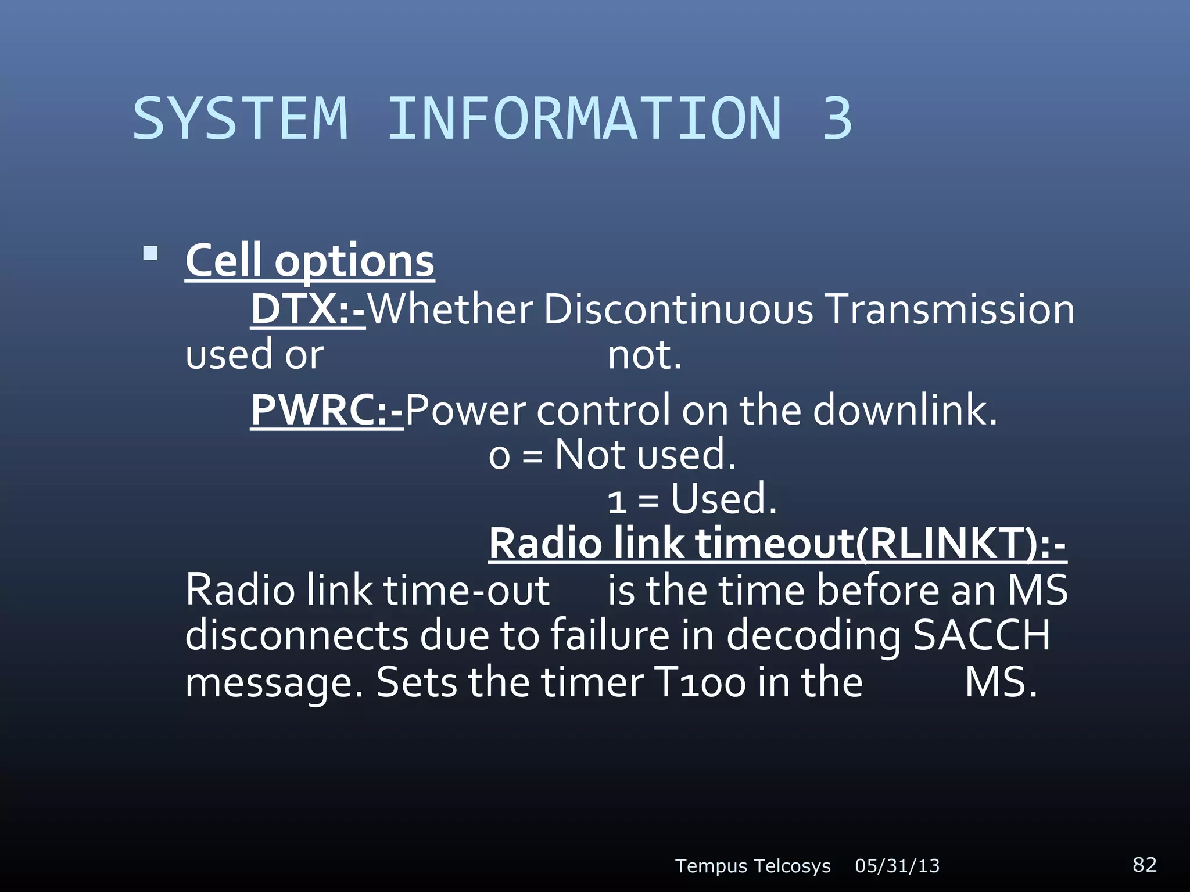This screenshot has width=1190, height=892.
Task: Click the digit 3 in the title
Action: pos(837,119)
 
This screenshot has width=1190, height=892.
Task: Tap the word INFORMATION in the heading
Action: pos(584,119)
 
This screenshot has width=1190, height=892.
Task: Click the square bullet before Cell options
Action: pos(150,254)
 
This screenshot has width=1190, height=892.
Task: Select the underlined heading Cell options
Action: pos(310,261)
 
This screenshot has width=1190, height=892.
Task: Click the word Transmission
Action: pos(949,310)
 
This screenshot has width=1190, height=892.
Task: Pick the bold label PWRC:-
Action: pos(327,410)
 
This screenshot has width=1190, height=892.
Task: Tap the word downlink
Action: pos(905,410)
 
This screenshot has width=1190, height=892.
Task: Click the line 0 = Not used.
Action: pos(612,455)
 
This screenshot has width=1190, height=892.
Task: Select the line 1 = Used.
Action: pos(692,499)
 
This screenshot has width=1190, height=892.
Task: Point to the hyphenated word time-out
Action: pos(466,591)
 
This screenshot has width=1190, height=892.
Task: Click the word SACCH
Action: pos(981,635)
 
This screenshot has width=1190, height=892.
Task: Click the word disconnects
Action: pos(297,635)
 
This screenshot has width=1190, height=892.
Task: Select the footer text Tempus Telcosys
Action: pos(752,866)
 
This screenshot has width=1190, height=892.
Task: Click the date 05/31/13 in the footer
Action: pos(897,866)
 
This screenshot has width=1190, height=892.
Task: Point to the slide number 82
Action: pos(1145,864)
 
